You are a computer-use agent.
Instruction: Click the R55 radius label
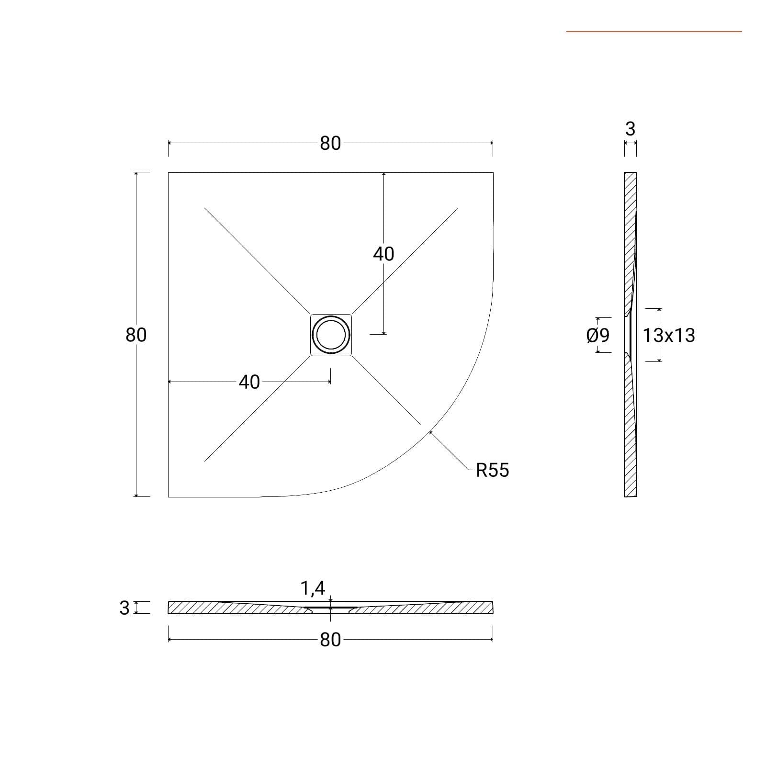coord(492,470)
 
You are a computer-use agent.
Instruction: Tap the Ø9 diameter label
coord(598,335)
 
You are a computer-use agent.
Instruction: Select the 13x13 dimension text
coord(668,335)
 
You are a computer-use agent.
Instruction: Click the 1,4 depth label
coord(313,588)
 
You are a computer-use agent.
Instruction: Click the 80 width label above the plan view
coord(330,143)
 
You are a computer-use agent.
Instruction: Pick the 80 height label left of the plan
coord(136,335)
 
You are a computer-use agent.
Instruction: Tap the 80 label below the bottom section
coord(330,640)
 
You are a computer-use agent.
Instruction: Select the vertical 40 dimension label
coord(383,254)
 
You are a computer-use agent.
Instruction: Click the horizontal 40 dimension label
coord(249,382)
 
